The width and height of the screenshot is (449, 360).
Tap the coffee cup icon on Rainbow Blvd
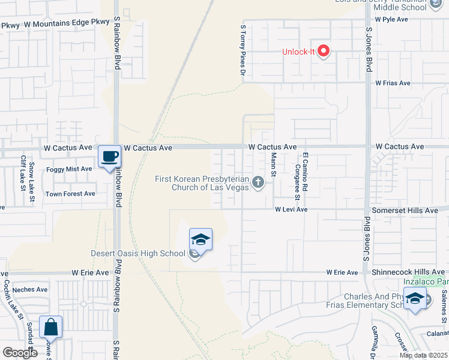click(x=109, y=157)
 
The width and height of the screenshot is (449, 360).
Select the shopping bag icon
click(x=51, y=328)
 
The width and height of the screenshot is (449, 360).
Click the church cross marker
click(x=258, y=182)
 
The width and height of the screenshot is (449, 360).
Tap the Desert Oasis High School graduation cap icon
click(x=201, y=241)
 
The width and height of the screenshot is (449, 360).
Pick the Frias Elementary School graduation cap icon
click(x=415, y=299)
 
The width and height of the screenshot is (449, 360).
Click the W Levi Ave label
click(x=291, y=209)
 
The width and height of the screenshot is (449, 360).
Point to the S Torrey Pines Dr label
click(x=243, y=49)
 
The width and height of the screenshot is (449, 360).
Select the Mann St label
click(x=273, y=164)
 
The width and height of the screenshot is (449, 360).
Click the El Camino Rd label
click(x=305, y=171)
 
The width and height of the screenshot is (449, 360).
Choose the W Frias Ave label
click(x=393, y=83)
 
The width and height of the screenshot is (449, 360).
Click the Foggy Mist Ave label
click(x=69, y=169)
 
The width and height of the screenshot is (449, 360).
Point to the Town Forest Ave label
click(x=70, y=194)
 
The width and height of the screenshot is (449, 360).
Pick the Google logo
click(x=20, y=353)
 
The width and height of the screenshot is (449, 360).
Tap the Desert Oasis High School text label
click(x=137, y=253)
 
